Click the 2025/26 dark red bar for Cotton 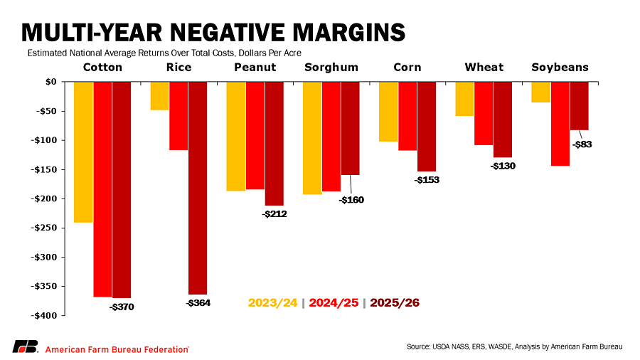point(122,189)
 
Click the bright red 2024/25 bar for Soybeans point(560,124)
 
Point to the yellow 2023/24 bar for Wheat point(464,99)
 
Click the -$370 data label point(121,307)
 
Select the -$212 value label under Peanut point(274,213)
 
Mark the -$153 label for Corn point(427,180)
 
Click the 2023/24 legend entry point(273,303)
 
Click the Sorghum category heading point(331,68)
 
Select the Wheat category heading point(484,68)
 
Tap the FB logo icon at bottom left point(25,346)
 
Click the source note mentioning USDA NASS point(514,346)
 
